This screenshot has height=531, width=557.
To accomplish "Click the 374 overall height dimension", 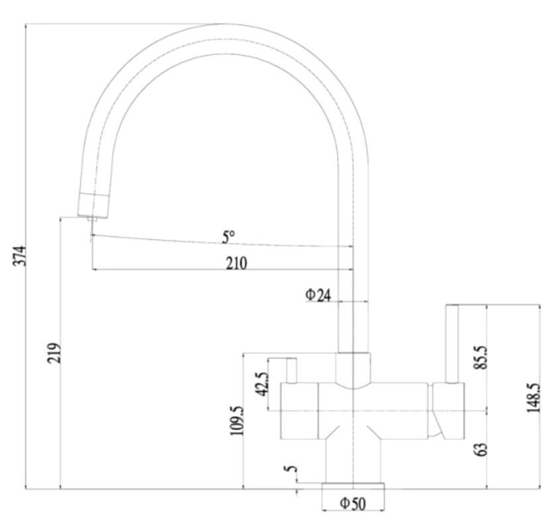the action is pos(20,256).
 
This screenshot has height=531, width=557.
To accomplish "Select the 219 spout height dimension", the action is pos(54,353).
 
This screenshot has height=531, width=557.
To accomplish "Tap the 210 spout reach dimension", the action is pos(237,264).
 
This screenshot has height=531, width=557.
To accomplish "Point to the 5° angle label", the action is pos(228,237).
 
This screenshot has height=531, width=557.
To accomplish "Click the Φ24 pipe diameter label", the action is pos(318,295).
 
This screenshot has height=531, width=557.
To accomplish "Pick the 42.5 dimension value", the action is pos(263,384).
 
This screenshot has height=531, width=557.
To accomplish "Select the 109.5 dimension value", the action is pos(237,421).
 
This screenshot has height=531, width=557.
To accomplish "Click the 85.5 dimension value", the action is pos(481,358).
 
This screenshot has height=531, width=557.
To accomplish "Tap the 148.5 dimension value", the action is pos(533,398).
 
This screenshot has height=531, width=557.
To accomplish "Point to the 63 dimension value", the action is pos(481,449).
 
